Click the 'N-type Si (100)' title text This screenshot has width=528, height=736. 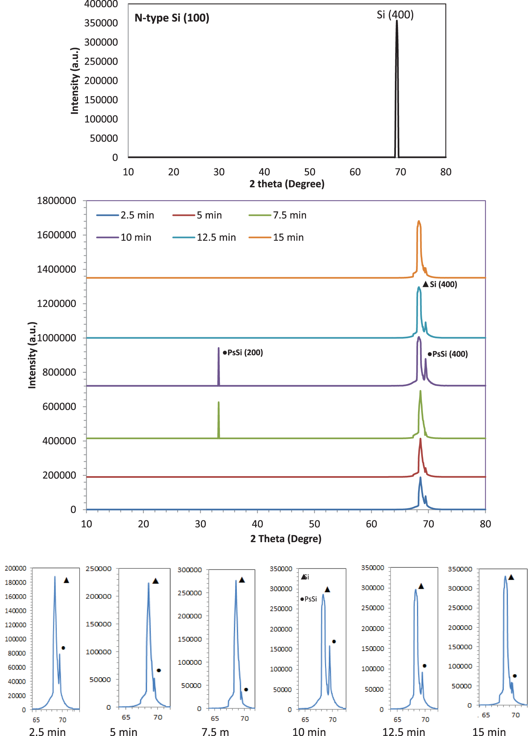172,18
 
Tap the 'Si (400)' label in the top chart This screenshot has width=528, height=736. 395,15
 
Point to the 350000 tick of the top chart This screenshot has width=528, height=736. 101,23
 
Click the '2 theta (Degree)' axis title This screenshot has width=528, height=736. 287,184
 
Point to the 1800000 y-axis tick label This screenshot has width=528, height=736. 56,200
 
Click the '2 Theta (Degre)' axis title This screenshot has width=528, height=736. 286,539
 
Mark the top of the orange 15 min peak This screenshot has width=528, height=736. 419,221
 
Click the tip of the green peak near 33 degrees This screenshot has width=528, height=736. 219,403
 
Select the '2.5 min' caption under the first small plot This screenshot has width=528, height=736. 47,732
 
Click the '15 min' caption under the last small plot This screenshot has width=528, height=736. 489,732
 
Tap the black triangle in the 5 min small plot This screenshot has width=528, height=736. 156,581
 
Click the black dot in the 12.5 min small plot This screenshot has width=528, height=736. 425,666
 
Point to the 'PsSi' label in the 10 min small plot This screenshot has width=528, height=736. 310,599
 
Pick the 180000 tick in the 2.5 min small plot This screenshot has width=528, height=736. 16,582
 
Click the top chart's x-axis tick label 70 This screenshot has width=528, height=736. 400,172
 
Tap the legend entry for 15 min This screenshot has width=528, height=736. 288,237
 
